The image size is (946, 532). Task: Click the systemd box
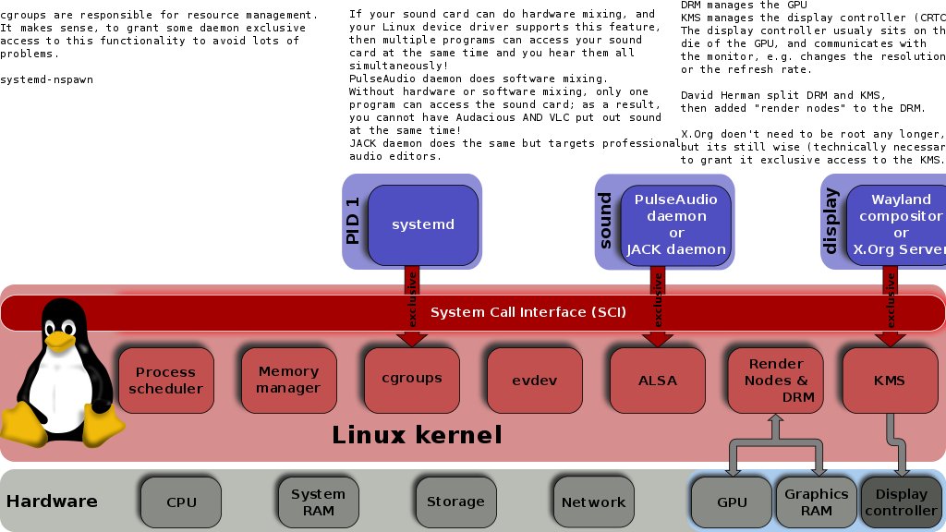pyautogui.click(x=423, y=224)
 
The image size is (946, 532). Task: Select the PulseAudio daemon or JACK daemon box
pyautogui.click(x=676, y=224)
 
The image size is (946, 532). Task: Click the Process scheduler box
pyautogui.click(x=165, y=381)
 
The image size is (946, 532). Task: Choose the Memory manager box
pyautogui.click(x=288, y=381)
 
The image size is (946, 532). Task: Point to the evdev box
pyautogui.click(x=534, y=381)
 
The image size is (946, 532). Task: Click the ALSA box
pyautogui.click(x=657, y=381)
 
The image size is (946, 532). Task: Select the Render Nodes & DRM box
pyautogui.click(x=775, y=381)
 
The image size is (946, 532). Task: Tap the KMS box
pyautogui.click(x=890, y=381)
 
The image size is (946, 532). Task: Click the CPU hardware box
pyautogui.click(x=181, y=502)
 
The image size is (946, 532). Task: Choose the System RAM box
pyautogui.click(x=318, y=502)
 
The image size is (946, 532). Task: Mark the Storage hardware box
pyautogui.click(x=455, y=502)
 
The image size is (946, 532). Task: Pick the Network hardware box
pyautogui.click(x=593, y=502)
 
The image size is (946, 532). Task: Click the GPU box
pyautogui.click(x=731, y=502)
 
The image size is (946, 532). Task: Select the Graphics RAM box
pyautogui.click(x=816, y=502)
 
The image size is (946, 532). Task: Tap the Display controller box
pyautogui.click(x=901, y=502)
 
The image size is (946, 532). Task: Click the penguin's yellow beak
pyautogui.click(x=60, y=341)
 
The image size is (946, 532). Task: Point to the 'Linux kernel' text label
pyautogui.click(x=417, y=435)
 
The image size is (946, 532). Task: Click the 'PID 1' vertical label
pyautogui.click(x=352, y=221)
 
